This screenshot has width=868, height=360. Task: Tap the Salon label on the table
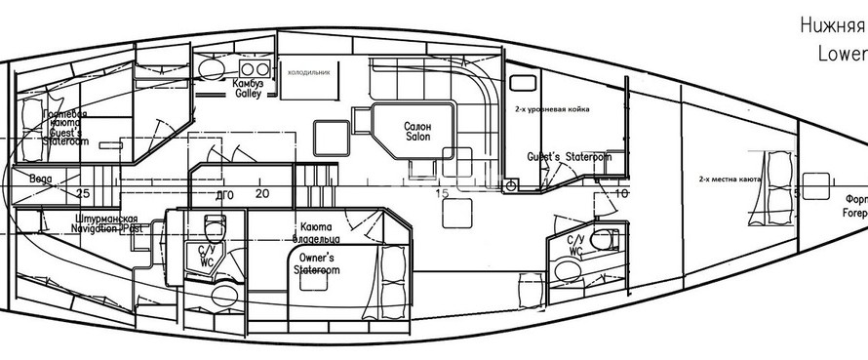pyautogui.click(x=417, y=137)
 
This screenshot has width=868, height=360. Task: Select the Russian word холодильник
pyautogui.click(x=308, y=71)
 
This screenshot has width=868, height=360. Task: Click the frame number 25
pyautogui.click(x=84, y=193)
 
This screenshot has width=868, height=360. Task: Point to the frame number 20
pyautogui.click(x=262, y=193)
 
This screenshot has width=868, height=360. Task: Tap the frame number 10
pyautogui.click(x=622, y=193)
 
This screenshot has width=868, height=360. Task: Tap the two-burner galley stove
pyautogui.click(x=255, y=67)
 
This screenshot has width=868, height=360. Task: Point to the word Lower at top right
pyautogui.click(x=842, y=57)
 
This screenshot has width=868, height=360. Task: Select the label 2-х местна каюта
pyautogui.click(x=730, y=180)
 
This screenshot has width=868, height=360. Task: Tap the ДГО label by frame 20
pyautogui.click(x=223, y=193)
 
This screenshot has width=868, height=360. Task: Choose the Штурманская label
pyautogui.click(x=109, y=219)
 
